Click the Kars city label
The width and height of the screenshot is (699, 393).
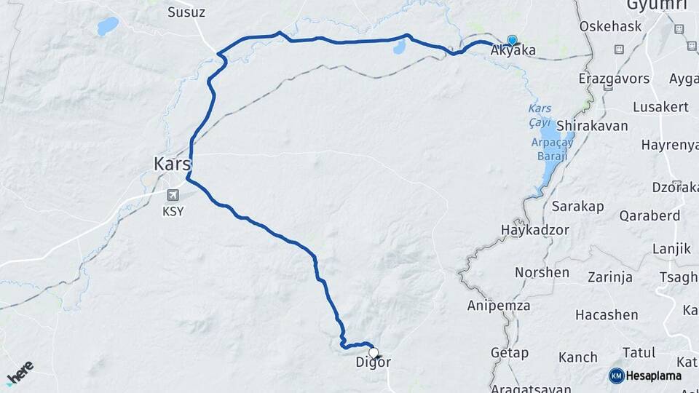(172, 164)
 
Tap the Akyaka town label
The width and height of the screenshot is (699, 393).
(513, 51)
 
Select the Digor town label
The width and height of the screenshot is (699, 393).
(374, 362)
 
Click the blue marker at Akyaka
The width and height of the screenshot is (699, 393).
(512, 41)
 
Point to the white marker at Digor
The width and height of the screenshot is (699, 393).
(374, 352)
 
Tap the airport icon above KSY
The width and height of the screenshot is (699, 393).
(173, 195)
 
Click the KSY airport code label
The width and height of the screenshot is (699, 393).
(173, 212)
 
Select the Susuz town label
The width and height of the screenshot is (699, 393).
(186, 12)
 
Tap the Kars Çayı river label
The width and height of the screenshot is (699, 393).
(540, 114)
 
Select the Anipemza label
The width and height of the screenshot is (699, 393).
(499, 306)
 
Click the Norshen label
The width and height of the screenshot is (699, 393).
(542, 272)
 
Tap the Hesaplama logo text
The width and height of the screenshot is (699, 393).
(653, 376)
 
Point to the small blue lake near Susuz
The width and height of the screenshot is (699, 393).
(108, 27)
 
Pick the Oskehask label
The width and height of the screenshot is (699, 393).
(609, 26)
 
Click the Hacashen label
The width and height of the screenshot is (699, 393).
(607, 315)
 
